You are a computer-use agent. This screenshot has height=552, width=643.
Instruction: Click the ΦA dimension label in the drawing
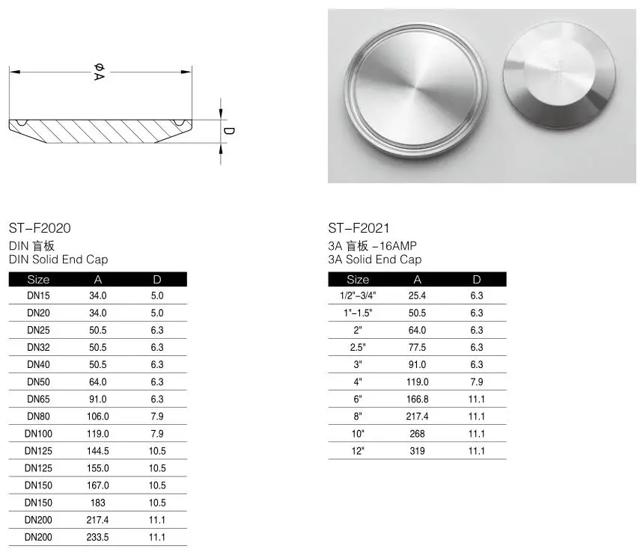(100, 72)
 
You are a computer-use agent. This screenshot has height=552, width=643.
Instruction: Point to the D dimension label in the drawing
(228, 131)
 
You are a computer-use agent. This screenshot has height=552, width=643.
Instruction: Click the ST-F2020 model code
(40, 228)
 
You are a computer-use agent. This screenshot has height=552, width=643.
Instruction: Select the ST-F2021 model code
(359, 228)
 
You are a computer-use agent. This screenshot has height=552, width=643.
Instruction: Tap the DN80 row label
(38, 417)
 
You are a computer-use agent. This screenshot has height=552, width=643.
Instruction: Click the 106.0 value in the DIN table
(97, 417)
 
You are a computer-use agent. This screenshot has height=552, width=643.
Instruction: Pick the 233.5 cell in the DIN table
(97, 537)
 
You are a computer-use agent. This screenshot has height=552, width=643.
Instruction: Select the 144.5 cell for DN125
(97, 451)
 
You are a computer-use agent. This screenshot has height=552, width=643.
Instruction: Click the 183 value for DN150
(97, 503)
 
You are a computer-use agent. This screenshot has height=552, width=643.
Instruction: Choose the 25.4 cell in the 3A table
(417, 295)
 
